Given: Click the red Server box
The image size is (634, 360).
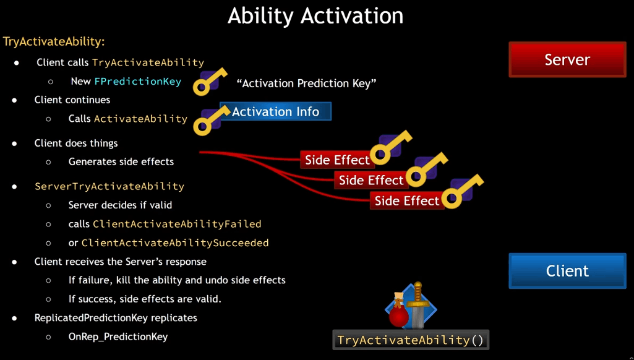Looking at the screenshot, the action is pyautogui.click(x=567, y=59).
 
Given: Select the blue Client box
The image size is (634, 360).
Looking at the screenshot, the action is pyautogui.click(x=567, y=270).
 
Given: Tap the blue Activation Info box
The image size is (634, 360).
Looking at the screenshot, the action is pyautogui.click(x=275, y=111).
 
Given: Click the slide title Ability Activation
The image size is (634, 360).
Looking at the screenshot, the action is pyautogui.click(x=315, y=16).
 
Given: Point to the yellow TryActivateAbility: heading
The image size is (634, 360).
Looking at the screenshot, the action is pyautogui.click(x=54, y=41).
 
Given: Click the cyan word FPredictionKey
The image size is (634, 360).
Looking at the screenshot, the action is pyautogui.click(x=138, y=81).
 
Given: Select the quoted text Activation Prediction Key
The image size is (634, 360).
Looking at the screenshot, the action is pyautogui.click(x=307, y=84).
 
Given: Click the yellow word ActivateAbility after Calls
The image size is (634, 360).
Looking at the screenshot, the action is pyautogui.click(x=140, y=119).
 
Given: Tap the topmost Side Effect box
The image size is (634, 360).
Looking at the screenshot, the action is pyautogui.click(x=337, y=160).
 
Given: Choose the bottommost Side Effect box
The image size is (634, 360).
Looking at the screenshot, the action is pyautogui.click(x=407, y=200).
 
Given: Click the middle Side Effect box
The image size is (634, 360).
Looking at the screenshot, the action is pyautogui.click(x=371, y=180).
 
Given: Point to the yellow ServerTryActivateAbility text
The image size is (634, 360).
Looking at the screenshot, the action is pyautogui.click(x=109, y=186).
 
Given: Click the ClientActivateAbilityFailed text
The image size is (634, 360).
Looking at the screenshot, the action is pyautogui.click(x=177, y=224).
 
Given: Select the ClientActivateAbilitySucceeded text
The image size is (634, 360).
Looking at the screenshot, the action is pyautogui.click(x=175, y=243).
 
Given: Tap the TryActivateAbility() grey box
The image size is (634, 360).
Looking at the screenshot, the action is pyautogui.click(x=411, y=340).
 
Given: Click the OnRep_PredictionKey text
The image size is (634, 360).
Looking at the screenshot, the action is pyautogui.click(x=118, y=336).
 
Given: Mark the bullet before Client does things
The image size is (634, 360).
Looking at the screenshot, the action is pyautogui.click(x=15, y=143).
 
